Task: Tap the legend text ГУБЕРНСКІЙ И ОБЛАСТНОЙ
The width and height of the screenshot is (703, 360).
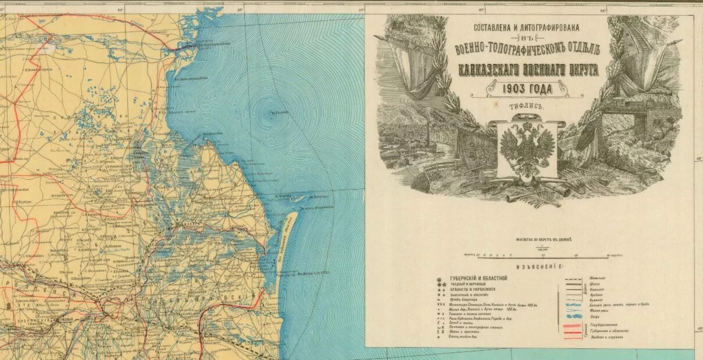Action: coord(479,279)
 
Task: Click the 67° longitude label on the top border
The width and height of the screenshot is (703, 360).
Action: coord(481,9)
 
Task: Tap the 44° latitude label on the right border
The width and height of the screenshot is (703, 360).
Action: coord(698,158)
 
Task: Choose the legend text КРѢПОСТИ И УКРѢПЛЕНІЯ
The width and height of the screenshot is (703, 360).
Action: coord(473,289)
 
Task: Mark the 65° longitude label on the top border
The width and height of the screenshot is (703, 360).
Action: coord(240,9)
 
